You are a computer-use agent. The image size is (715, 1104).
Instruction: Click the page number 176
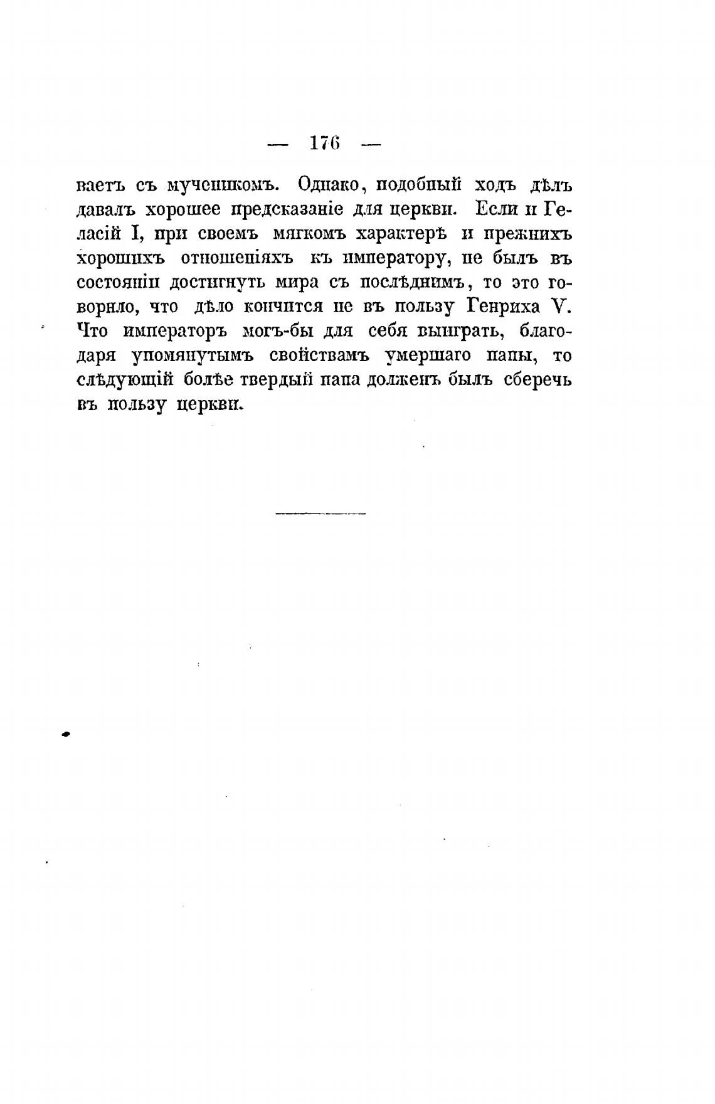point(324,144)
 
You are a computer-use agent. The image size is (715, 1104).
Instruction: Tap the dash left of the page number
point(278,145)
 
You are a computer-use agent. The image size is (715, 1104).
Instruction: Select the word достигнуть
point(208,283)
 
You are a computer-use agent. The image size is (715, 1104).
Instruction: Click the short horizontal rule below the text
point(320,514)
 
